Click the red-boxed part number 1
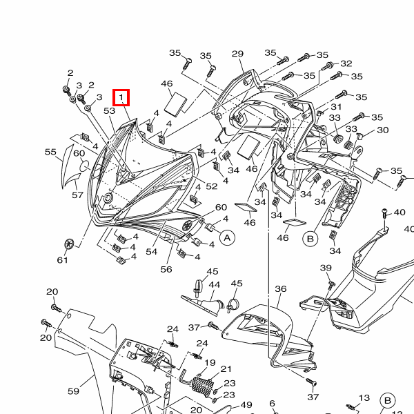pyautogui.click(x=121, y=97)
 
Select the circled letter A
pyautogui.click(x=227, y=238)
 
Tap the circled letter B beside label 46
pyautogui.click(x=310, y=239)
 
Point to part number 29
pyautogui.click(x=237, y=54)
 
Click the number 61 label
pyautogui.click(x=63, y=260)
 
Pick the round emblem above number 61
pyautogui.click(x=69, y=244)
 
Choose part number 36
pyautogui.click(x=280, y=289)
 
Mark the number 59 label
pyautogui.click(x=73, y=391)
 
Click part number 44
pyautogui.click(x=215, y=285)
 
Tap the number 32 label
pyautogui.click(x=346, y=63)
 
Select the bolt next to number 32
pyautogui.click(x=327, y=66)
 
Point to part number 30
pyautogui.click(x=383, y=130)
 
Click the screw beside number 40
pyautogui.click(x=384, y=213)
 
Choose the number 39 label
pyautogui.click(x=326, y=268)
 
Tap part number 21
pyautogui.click(x=226, y=369)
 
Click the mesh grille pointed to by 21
pyautogui.click(x=202, y=387)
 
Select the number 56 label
pyautogui.click(x=166, y=269)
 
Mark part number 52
pyautogui.click(x=212, y=186)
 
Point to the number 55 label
pyautogui.click(x=50, y=152)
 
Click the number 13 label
pyautogui.click(x=364, y=398)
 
